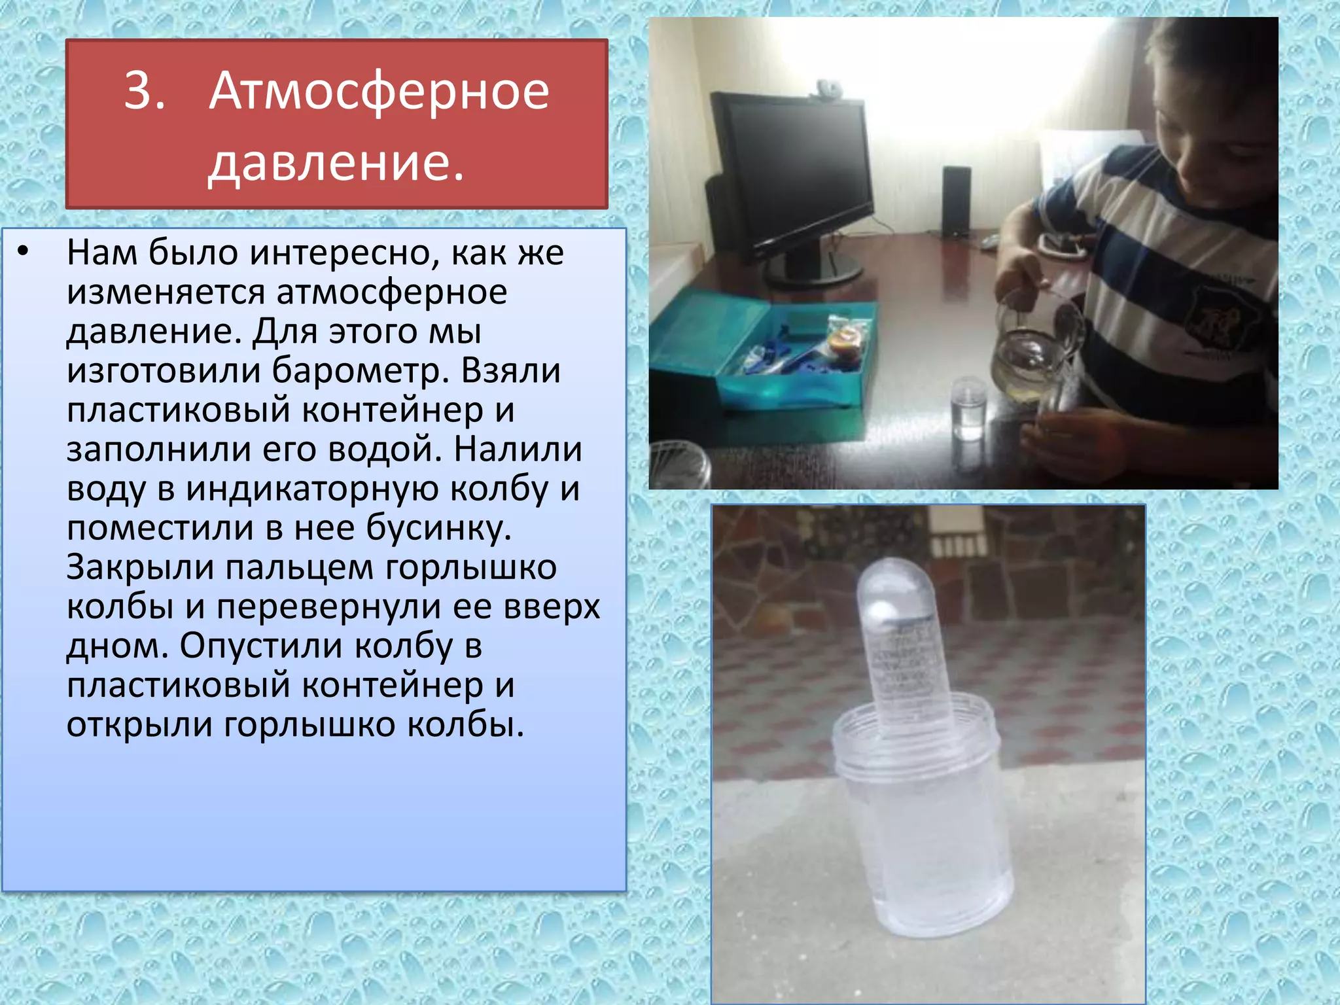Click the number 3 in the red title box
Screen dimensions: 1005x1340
tap(143, 90)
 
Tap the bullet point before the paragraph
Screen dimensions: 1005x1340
tap(24, 251)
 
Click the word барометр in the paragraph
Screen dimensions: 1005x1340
tap(360, 370)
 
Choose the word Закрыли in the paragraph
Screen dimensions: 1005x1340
tap(140, 567)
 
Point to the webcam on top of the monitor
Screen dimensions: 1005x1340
tap(826, 87)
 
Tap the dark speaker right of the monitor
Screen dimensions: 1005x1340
tap(956, 201)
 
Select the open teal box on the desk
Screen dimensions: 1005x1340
tap(772, 357)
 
